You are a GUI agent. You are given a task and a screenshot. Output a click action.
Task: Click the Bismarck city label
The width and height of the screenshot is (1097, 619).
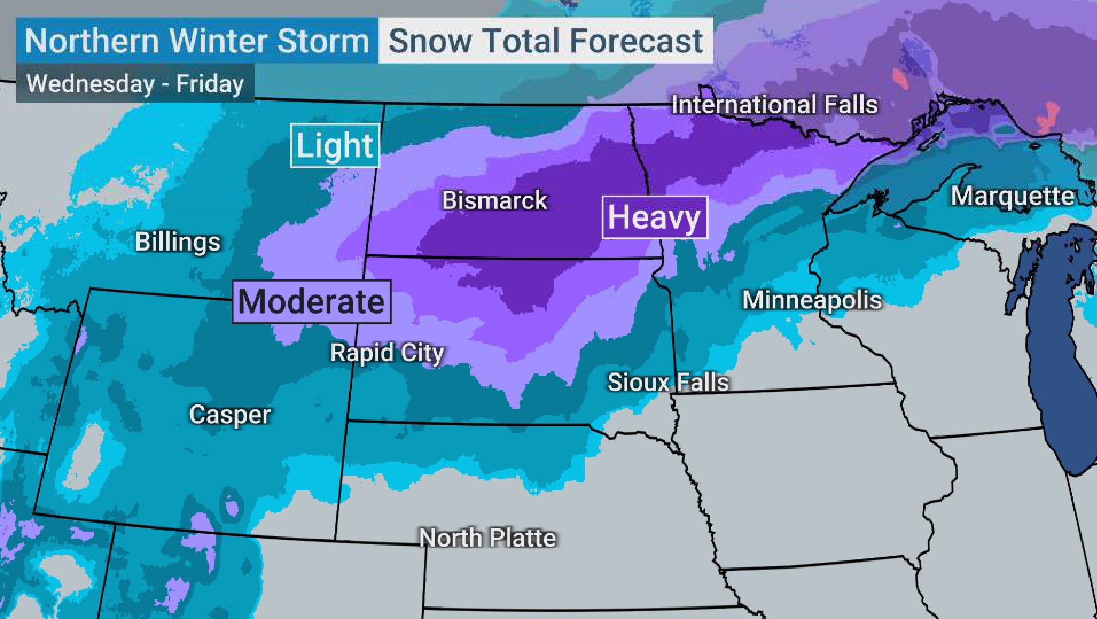[x=494, y=201]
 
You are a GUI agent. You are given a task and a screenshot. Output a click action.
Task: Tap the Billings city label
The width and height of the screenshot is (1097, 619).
[x=178, y=242]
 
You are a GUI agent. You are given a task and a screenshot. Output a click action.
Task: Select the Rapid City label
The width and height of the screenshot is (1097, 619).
[x=387, y=353]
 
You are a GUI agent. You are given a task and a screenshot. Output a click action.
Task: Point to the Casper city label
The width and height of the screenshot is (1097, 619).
[x=229, y=414]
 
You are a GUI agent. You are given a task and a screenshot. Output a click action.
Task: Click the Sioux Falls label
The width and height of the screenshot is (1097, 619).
[x=668, y=382]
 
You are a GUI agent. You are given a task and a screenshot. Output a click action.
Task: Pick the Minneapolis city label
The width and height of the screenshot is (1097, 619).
[x=812, y=300]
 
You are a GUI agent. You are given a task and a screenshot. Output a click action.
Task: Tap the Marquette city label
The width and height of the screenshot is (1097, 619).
[x=1013, y=196]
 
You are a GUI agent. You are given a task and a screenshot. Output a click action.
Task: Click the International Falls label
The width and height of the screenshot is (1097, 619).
[x=774, y=105]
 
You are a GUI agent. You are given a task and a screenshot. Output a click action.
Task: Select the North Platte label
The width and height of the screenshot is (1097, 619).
[x=487, y=538]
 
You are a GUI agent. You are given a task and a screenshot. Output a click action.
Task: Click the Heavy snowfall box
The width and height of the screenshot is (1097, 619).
[x=654, y=217]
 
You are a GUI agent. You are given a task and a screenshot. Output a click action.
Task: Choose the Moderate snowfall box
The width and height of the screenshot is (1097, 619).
[x=311, y=302]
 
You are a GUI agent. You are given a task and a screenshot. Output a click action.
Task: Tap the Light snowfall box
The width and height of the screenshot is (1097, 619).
[x=335, y=146]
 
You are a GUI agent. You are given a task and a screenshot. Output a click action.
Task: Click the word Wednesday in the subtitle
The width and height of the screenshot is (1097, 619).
[x=91, y=84]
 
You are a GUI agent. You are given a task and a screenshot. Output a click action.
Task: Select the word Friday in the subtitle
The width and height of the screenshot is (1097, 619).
[x=210, y=84]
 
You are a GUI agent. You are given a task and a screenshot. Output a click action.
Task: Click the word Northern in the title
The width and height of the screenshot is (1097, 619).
[x=92, y=41]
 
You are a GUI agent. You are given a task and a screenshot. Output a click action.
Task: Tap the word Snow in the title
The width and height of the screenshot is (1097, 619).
[x=430, y=41]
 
